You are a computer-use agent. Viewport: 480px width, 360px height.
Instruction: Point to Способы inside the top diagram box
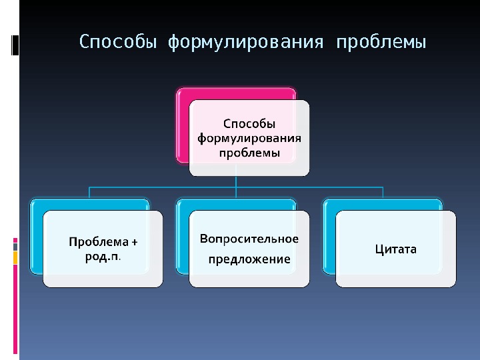[x=249, y=123]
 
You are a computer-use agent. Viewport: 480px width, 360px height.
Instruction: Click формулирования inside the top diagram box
[x=249, y=139]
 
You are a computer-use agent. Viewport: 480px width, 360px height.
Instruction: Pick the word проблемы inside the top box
[x=249, y=153]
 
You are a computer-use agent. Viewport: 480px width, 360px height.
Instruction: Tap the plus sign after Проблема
[x=134, y=241]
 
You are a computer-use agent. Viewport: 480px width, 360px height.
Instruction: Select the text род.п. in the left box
[x=103, y=256]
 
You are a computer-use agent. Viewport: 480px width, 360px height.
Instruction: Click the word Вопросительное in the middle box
[x=249, y=239]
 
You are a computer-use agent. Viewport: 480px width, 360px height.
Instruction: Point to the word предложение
[x=249, y=259]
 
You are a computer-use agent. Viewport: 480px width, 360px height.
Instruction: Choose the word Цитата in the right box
[x=395, y=249]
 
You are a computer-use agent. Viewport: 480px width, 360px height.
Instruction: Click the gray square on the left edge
[x=15, y=247]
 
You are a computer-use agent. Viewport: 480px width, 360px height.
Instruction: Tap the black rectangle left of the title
[x=15, y=45]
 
